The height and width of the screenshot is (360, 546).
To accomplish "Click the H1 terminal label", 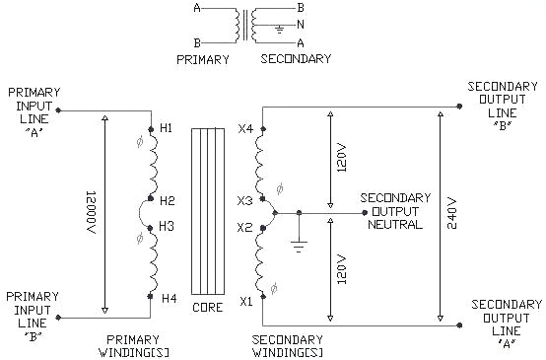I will coord(166,129).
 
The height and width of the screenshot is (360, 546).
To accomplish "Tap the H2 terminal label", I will coord(167,200).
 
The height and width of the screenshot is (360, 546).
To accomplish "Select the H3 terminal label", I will coord(167,226).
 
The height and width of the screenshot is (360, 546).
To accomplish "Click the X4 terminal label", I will coord(245,129).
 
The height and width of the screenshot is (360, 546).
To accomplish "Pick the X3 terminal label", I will coord(245,200).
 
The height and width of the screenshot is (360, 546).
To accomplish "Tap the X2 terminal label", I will coord(245,227).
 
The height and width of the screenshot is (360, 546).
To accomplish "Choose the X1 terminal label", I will coord(245,301).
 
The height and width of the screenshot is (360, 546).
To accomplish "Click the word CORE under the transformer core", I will coord(208,308).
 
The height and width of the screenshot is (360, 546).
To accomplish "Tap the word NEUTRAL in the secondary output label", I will coord(394,224).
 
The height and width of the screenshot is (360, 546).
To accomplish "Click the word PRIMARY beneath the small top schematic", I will coord(203,59).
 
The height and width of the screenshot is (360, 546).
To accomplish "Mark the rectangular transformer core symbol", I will coord(208,212).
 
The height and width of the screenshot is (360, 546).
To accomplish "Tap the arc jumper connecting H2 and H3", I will coord(142,213).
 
